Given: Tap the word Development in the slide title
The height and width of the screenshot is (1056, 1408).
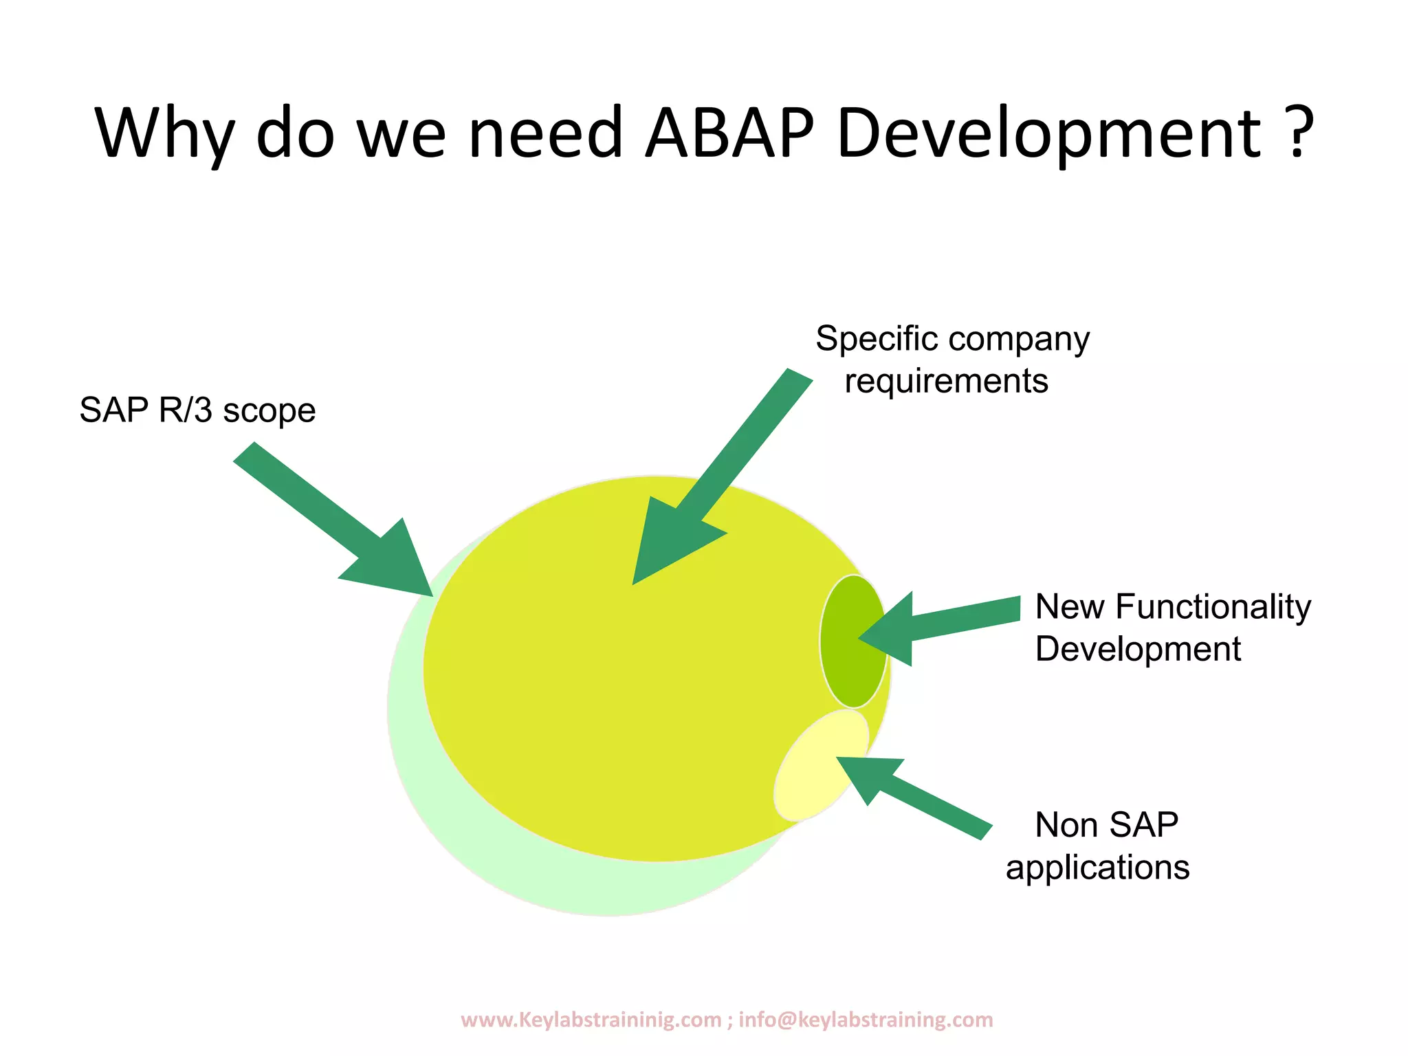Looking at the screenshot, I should click(x=1049, y=134).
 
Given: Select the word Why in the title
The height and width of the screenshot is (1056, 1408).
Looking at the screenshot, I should click(x=166, y=134).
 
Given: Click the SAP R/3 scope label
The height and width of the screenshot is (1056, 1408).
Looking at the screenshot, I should click(x=197, y=410).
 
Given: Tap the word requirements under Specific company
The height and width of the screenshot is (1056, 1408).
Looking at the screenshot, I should click(x=946, y=382).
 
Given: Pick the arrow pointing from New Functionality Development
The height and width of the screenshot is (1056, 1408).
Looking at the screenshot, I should click(x=949, y=622).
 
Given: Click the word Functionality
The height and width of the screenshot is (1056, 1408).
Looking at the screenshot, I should click(x=1213, y=607).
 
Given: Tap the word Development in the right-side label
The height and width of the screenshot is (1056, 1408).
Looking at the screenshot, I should click(x=1138, y=650).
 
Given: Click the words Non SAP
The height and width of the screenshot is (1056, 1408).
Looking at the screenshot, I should click(x=1106, y=825).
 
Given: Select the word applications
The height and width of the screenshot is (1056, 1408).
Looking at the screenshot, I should click(x=1097, y=868).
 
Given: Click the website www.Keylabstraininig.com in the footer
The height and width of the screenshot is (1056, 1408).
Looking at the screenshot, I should click(x=591, y=1020).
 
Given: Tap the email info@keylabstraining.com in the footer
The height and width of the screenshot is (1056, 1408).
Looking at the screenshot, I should click(x=866, y=1020).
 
